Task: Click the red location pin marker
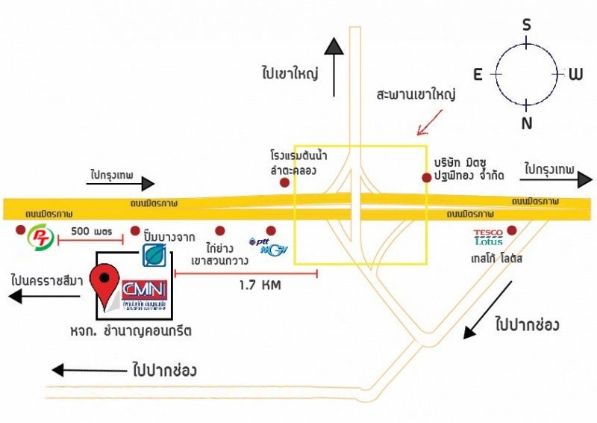click(104, 280)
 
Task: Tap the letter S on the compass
click(526, 25)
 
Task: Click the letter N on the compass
click(527, 123)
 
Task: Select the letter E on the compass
click(478, 73)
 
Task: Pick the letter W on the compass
click(575, 74)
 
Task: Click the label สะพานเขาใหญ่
click(416, 96)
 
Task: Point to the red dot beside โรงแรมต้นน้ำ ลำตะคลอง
click(284, 182)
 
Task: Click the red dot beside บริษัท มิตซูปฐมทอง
click(425, 178)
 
